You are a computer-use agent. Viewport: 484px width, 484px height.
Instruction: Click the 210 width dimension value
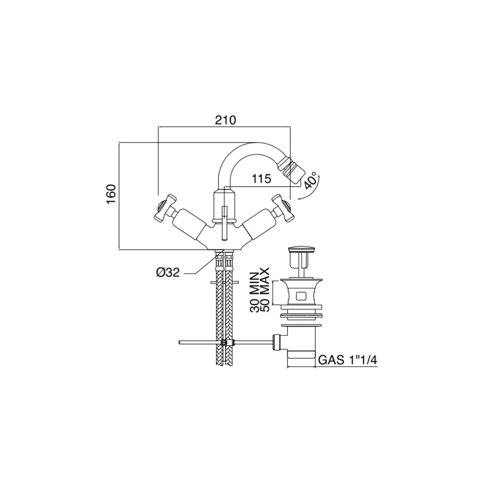(226, 120)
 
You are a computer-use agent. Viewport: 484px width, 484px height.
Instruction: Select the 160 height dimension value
(111, 194)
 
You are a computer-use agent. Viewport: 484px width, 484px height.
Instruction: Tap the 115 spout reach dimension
(261, 179)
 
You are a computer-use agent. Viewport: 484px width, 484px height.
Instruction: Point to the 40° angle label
(310, 180)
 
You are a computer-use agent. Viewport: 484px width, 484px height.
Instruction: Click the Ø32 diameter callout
(168, 272)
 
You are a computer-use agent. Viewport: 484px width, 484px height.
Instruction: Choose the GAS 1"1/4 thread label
(348, 360)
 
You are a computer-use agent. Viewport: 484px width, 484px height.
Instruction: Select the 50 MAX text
(265, 290)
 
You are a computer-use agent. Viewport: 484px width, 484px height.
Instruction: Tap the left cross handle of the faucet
(166, 208)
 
